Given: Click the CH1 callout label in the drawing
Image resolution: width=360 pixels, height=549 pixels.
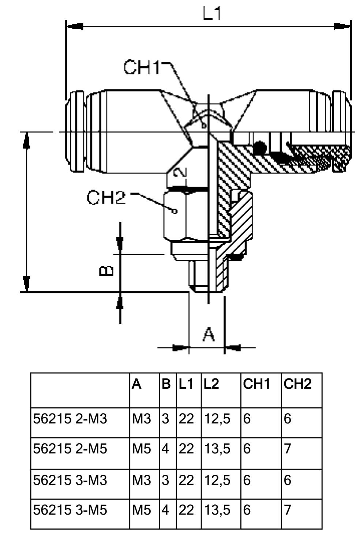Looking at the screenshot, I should (142, 67).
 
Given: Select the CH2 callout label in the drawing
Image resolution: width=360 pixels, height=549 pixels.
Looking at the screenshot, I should (106, 198).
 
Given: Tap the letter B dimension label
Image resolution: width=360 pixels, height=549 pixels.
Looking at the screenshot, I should (107, 271).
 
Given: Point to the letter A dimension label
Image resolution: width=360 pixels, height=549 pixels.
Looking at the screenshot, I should (209, 334).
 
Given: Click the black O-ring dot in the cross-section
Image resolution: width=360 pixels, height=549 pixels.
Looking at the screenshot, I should (260, 147).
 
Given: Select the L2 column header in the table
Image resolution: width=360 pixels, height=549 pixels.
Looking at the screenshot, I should (211, 384).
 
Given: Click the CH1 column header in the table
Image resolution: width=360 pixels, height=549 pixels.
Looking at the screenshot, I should (256, 384).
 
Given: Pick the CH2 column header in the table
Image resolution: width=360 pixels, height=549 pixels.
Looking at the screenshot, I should (297, 384).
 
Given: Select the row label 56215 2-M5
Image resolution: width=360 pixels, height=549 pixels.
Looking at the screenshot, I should (70, 448).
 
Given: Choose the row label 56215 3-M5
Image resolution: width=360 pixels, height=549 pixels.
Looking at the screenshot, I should (70, 509).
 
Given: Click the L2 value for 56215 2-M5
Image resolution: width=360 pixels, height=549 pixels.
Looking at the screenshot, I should (217, 448).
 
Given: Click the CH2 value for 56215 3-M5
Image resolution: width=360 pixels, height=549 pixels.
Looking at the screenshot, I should (288, 509).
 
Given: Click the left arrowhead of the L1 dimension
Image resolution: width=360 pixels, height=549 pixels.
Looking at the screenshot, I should (75, 26).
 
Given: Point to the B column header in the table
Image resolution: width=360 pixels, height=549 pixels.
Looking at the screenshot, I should (166, 384).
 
